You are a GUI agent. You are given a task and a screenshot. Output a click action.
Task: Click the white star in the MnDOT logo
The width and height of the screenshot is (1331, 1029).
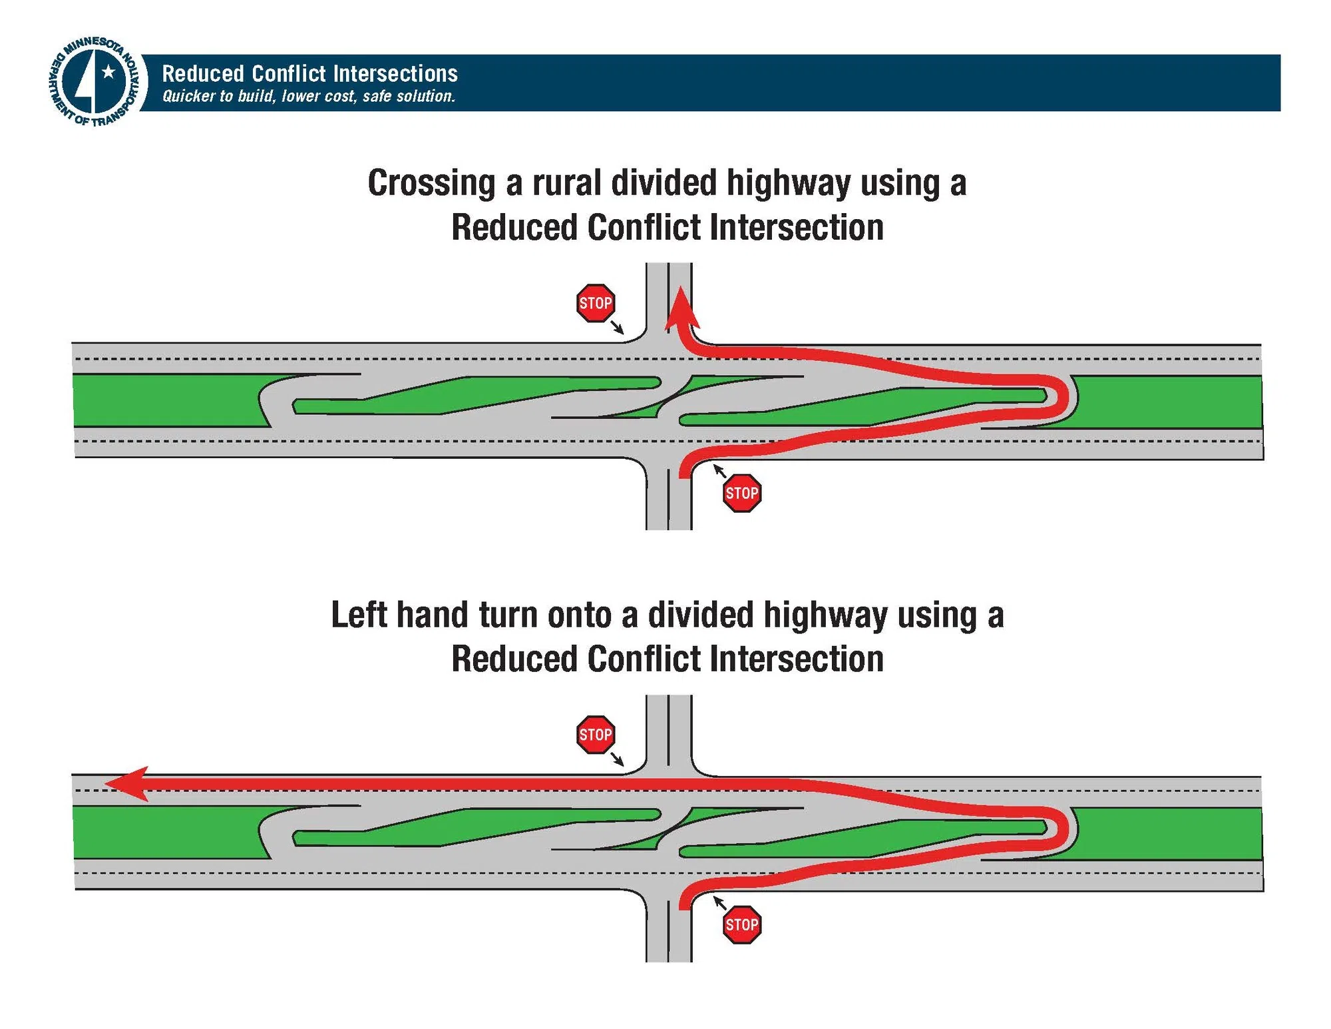coord(108,72)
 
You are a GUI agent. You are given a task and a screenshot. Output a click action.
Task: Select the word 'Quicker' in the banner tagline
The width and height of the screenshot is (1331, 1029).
coord(189,97)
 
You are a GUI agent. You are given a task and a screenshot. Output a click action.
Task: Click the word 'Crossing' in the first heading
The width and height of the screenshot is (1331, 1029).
coord(431,183)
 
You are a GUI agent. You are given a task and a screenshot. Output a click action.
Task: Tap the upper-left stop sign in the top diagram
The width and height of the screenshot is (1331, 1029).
coord(595,304)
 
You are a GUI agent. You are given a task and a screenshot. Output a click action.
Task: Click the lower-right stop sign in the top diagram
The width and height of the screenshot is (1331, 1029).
coord(741,494)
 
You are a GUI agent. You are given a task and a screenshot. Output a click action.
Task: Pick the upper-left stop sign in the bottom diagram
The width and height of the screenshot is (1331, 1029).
coord(595,735)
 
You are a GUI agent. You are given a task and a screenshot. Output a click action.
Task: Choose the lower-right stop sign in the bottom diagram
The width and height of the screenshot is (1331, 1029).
coord(741,924)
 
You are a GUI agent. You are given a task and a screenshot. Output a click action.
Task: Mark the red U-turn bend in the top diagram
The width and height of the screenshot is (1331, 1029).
coord(1061,398)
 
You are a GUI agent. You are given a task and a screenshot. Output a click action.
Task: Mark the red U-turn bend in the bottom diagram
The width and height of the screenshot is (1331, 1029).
coord(1061,829)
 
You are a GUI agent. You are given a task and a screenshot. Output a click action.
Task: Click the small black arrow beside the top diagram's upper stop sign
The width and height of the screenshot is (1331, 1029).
coord(617,326)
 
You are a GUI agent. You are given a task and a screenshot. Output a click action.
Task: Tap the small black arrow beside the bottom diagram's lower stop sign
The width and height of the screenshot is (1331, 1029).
coord(719,903)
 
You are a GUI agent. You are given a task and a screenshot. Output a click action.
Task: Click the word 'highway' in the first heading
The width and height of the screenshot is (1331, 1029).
coord(788,183)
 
